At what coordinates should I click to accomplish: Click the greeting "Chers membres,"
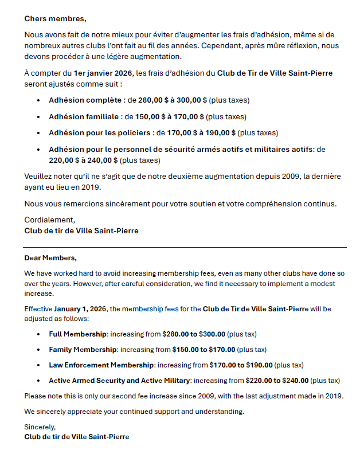[x=51, y=19]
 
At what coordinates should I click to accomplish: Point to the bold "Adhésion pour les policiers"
[x=100, y=133]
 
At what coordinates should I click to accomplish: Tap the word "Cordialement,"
[x=49, y=220]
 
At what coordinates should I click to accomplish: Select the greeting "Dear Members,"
[x=50, y=258]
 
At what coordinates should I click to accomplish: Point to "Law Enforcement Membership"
[x=101, y=365]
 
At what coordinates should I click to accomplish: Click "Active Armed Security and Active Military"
[x=119, y=380]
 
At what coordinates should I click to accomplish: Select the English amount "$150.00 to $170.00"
[x=204, y=349]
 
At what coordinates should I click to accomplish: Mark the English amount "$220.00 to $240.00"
[x=277, y=380]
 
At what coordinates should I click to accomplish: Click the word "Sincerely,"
[x=41, y=426]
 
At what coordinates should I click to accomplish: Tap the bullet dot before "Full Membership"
[x=38, y=334]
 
